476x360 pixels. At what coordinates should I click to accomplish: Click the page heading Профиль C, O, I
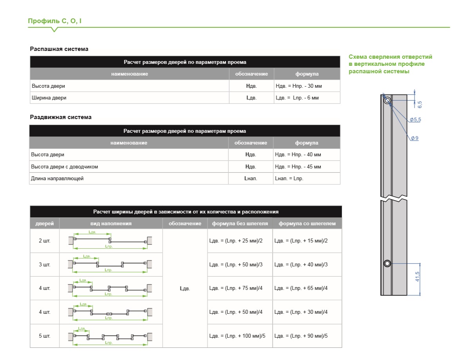pos(54,21)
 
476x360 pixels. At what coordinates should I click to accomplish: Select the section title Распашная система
pos(59,49)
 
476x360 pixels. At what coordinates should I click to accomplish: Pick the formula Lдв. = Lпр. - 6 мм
pos(297,98)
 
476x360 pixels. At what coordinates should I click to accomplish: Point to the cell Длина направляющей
pos(57,179)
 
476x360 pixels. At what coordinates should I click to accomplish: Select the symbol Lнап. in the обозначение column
pos(251,179)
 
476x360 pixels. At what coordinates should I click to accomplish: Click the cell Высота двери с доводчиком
pos(64,167)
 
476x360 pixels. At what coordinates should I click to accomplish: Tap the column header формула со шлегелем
pos(307,224)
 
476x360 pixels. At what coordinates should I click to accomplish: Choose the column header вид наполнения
pos(111,224)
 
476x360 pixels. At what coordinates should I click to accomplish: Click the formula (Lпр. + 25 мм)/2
pos(236,241)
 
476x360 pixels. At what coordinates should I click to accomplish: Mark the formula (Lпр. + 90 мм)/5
pos(301,336)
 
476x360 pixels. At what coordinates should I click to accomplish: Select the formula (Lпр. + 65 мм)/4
pos(301,288)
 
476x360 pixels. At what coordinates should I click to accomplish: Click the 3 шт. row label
pos(45,264)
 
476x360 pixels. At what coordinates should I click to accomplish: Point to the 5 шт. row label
pos(45,336)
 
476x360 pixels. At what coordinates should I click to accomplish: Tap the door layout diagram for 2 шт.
pos(110,241)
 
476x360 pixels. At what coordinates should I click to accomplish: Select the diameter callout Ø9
pos(414,138)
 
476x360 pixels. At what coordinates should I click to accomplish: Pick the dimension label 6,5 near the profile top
pos(420,105)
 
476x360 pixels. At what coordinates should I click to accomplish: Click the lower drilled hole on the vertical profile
pos(387,264)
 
